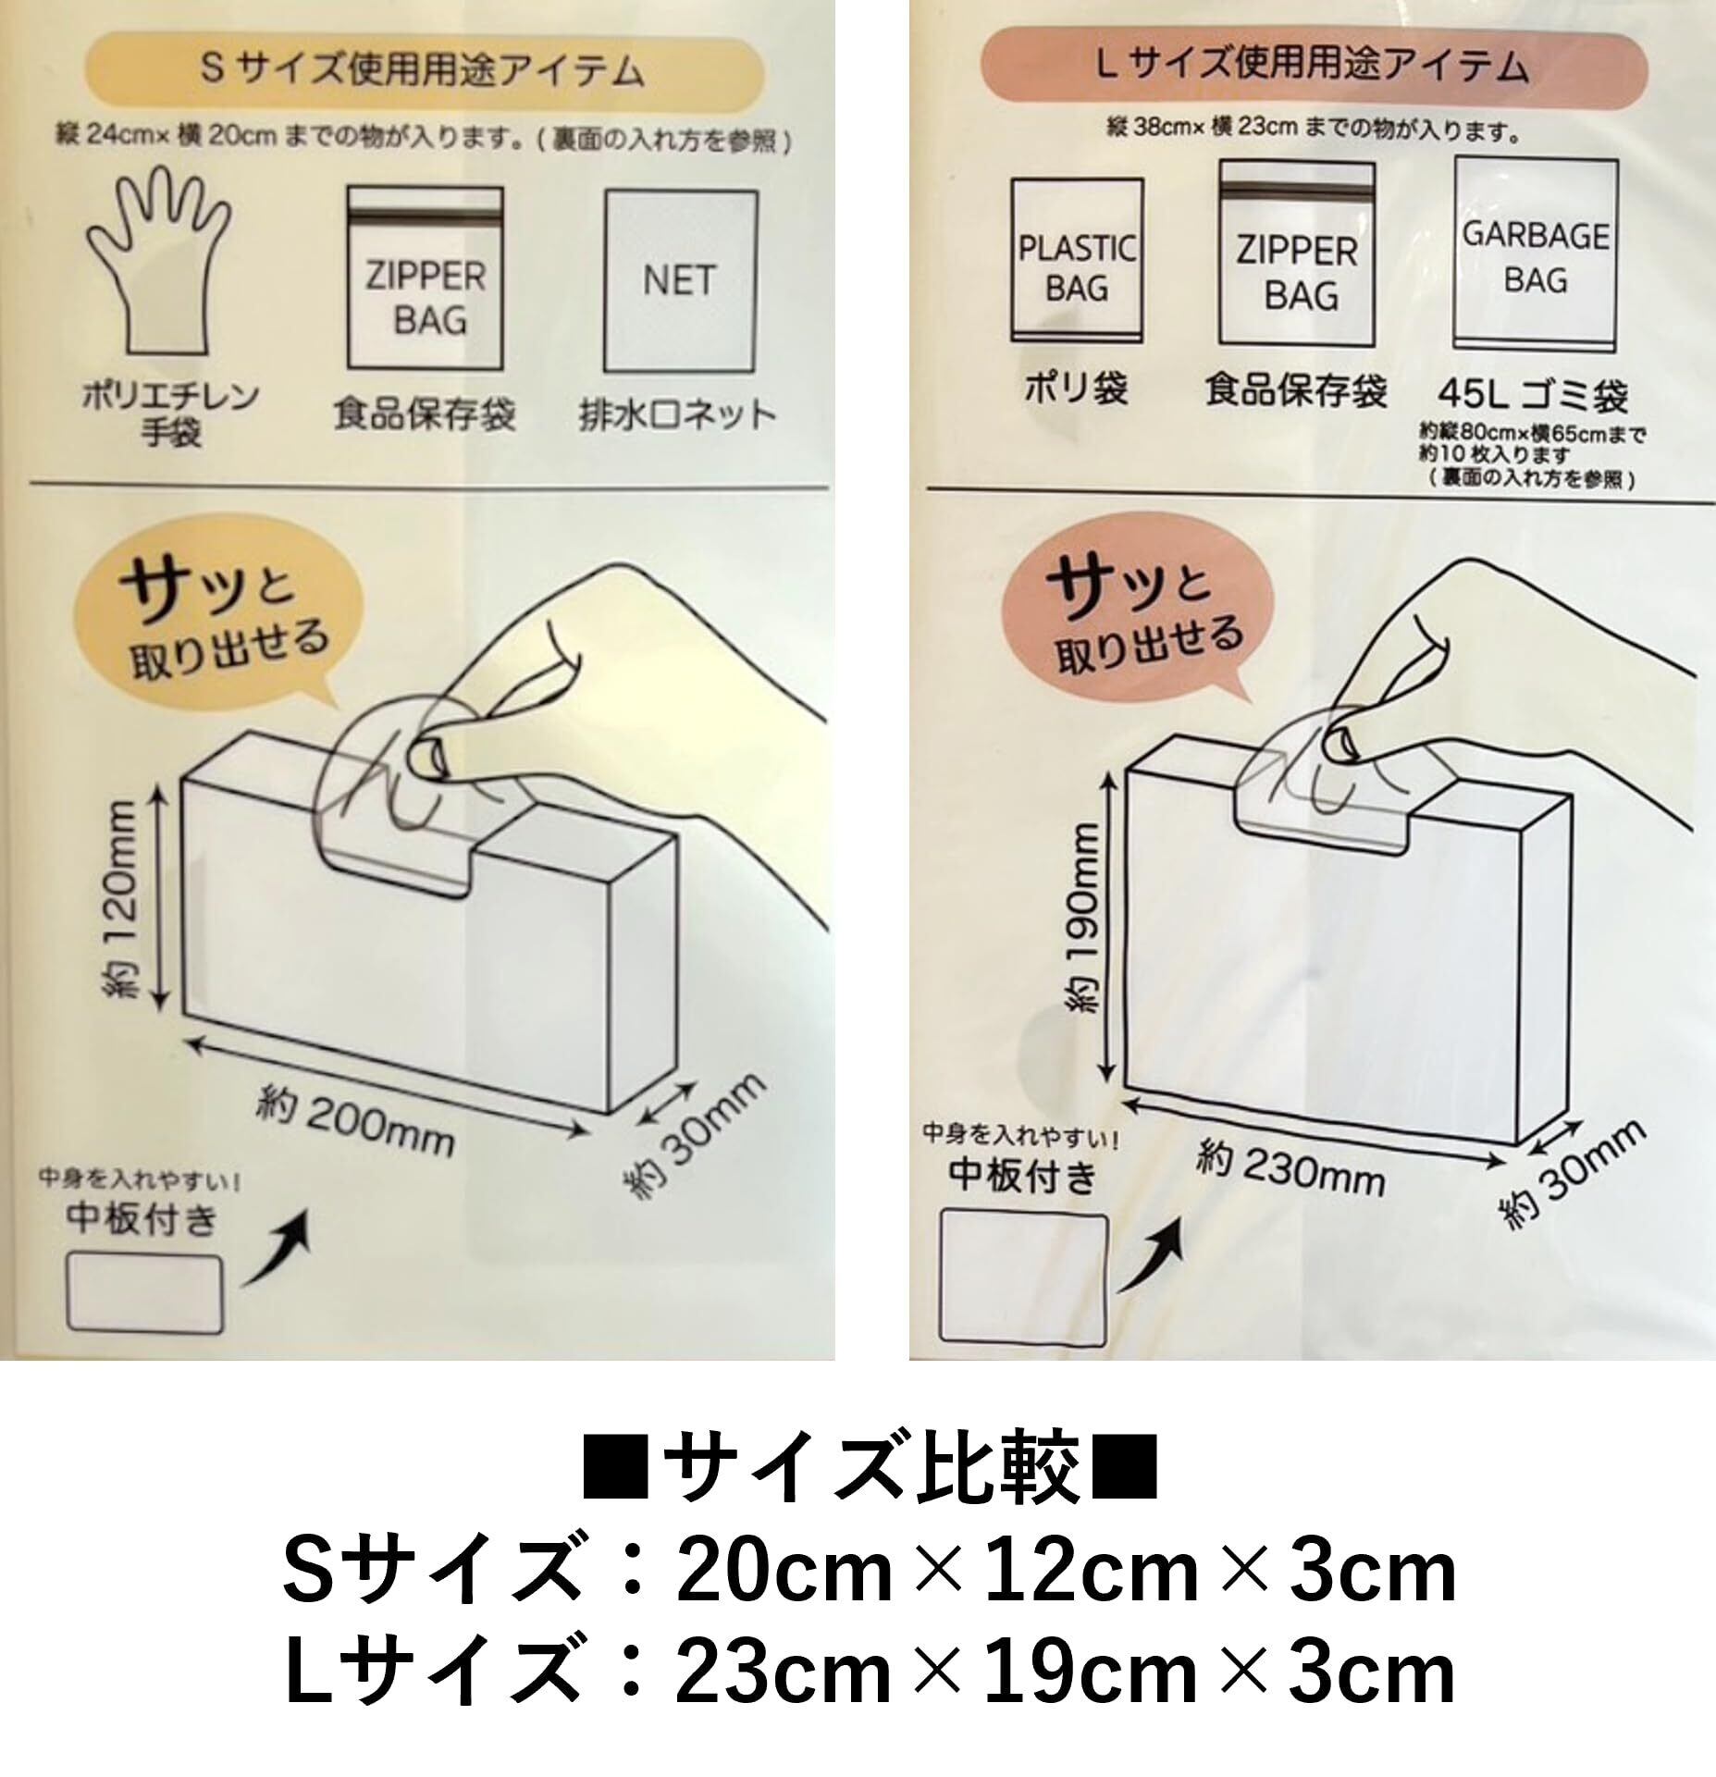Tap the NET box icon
click(680, 281)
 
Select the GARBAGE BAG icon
click(1536, 254)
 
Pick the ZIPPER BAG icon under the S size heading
click(426, 278)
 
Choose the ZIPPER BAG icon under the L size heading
click(1297, 253)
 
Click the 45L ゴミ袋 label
click(1532, 395)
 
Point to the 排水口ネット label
click(676, 415)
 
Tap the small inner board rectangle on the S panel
click(146, 1292)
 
